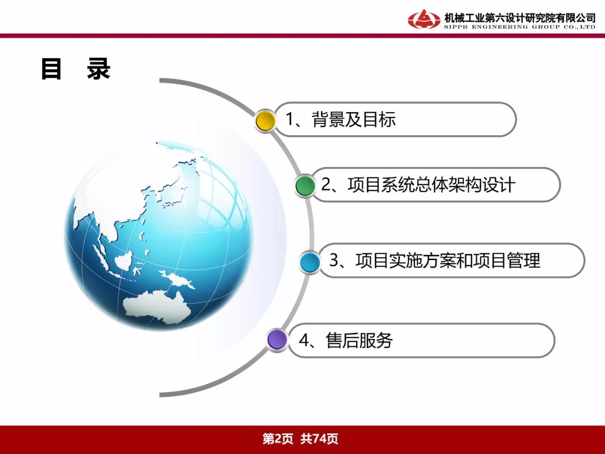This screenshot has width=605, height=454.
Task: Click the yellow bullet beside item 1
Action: click(266, 121)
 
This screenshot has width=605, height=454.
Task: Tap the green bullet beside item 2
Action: click(305, 186)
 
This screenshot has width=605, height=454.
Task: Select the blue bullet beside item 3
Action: click(310, 262)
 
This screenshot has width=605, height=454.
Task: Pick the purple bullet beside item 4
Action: click(277, 340)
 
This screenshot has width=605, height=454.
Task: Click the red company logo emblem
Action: click(424, 19)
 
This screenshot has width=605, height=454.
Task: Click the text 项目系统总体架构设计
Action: click(431, 184)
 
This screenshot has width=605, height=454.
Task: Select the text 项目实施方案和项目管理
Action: click(448, 260)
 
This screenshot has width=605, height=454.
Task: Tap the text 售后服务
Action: click(359, 340)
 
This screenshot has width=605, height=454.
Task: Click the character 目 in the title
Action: click(52, 69)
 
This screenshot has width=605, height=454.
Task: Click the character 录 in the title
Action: click(99, 69)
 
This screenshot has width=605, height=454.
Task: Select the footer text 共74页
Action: click(319, 438)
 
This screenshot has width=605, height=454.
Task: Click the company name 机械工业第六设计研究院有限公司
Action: click(520, 17)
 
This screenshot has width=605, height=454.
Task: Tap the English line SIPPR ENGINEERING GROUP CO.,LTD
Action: click(520, 27)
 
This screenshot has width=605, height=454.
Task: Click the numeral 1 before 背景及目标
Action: click(290, 119)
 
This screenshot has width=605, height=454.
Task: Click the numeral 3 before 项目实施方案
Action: click(334, 261)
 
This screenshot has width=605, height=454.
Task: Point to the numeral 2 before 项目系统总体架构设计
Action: click(326, 185)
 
